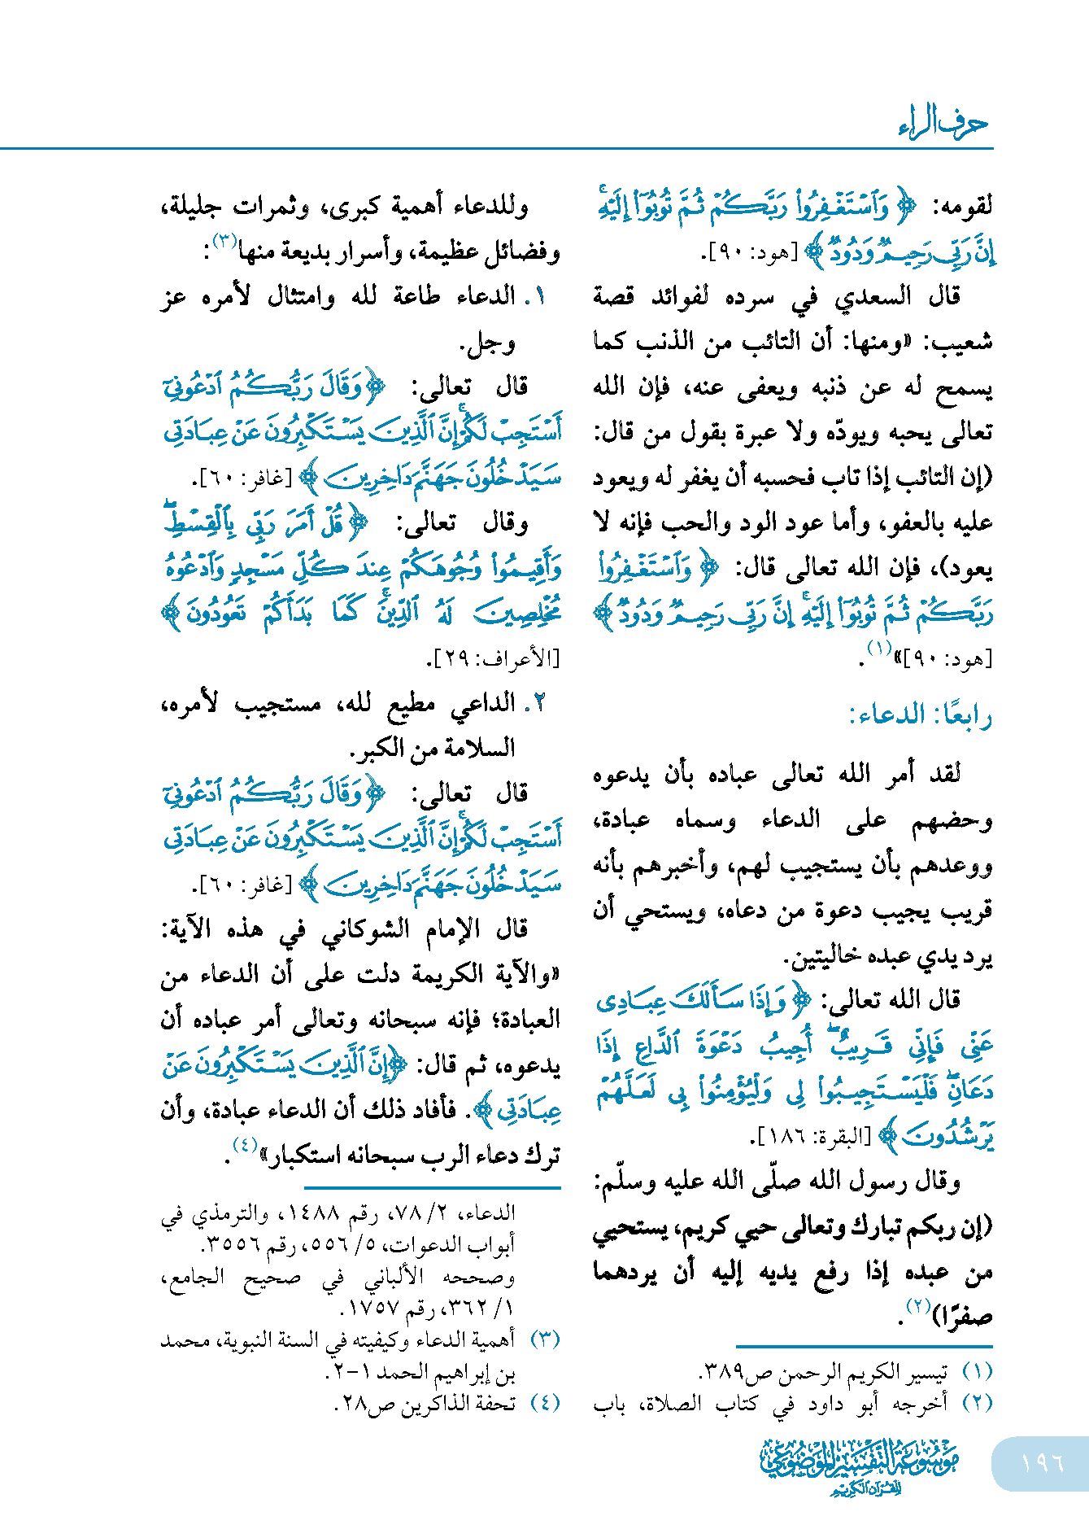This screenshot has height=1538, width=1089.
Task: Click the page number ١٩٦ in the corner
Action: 1043,1462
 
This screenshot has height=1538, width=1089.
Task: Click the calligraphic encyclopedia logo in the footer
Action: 859,1464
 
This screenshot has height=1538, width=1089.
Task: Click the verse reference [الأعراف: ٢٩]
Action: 498,658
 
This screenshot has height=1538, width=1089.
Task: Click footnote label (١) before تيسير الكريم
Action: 977,1371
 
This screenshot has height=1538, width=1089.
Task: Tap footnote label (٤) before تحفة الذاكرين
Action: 545,1403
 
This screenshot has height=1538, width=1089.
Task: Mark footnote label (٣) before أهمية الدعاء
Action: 545,1339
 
